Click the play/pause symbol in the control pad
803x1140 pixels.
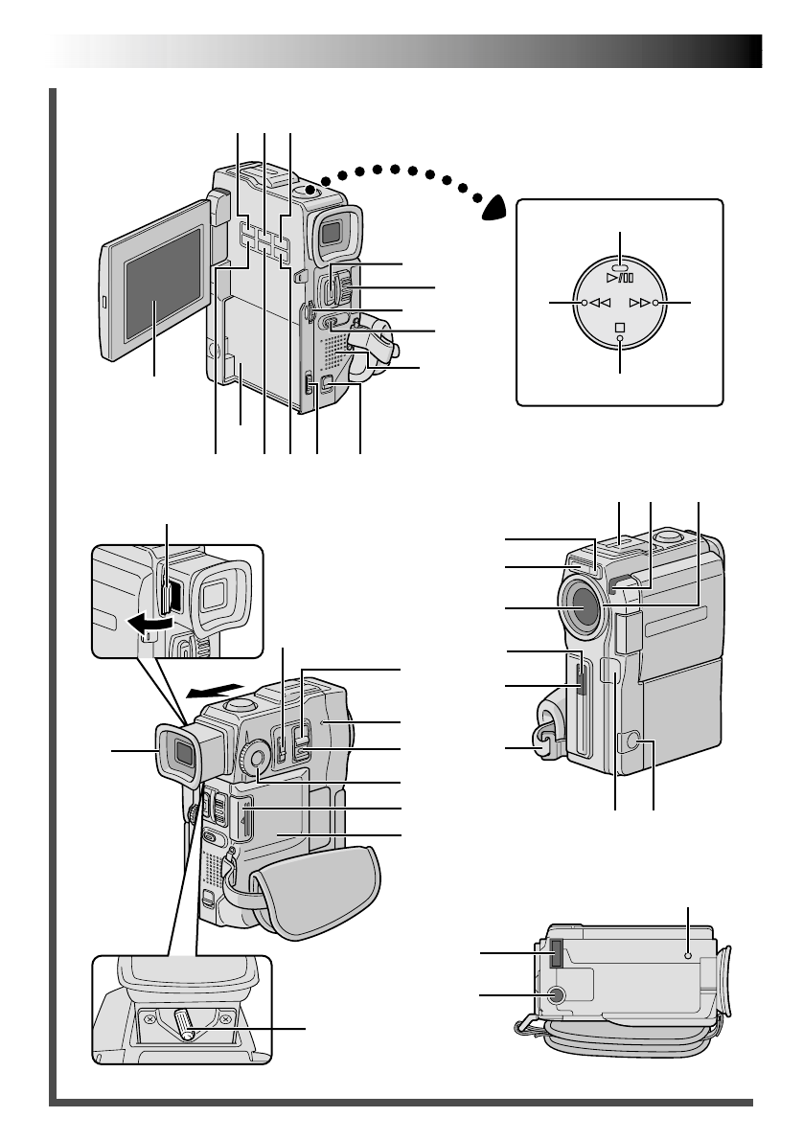point(620,278)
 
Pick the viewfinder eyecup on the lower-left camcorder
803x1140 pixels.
point(180,752)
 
